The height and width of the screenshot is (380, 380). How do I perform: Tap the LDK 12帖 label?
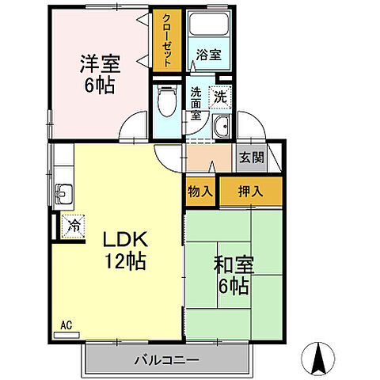(124, 249)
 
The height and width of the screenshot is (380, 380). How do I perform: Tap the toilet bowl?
(167, 101)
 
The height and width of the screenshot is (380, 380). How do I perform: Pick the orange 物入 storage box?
(200, 191)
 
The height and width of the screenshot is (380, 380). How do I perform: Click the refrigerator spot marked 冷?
(72, 226)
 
